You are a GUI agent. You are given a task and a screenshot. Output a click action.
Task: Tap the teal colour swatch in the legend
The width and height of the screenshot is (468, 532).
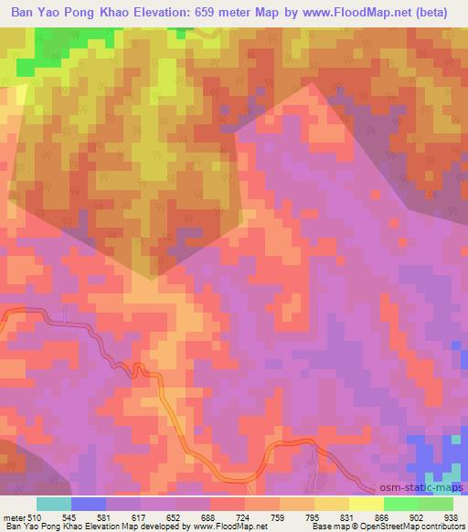(x=54, y=504)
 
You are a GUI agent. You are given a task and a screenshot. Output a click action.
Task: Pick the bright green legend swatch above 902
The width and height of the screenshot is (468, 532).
(x=401, y=504)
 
